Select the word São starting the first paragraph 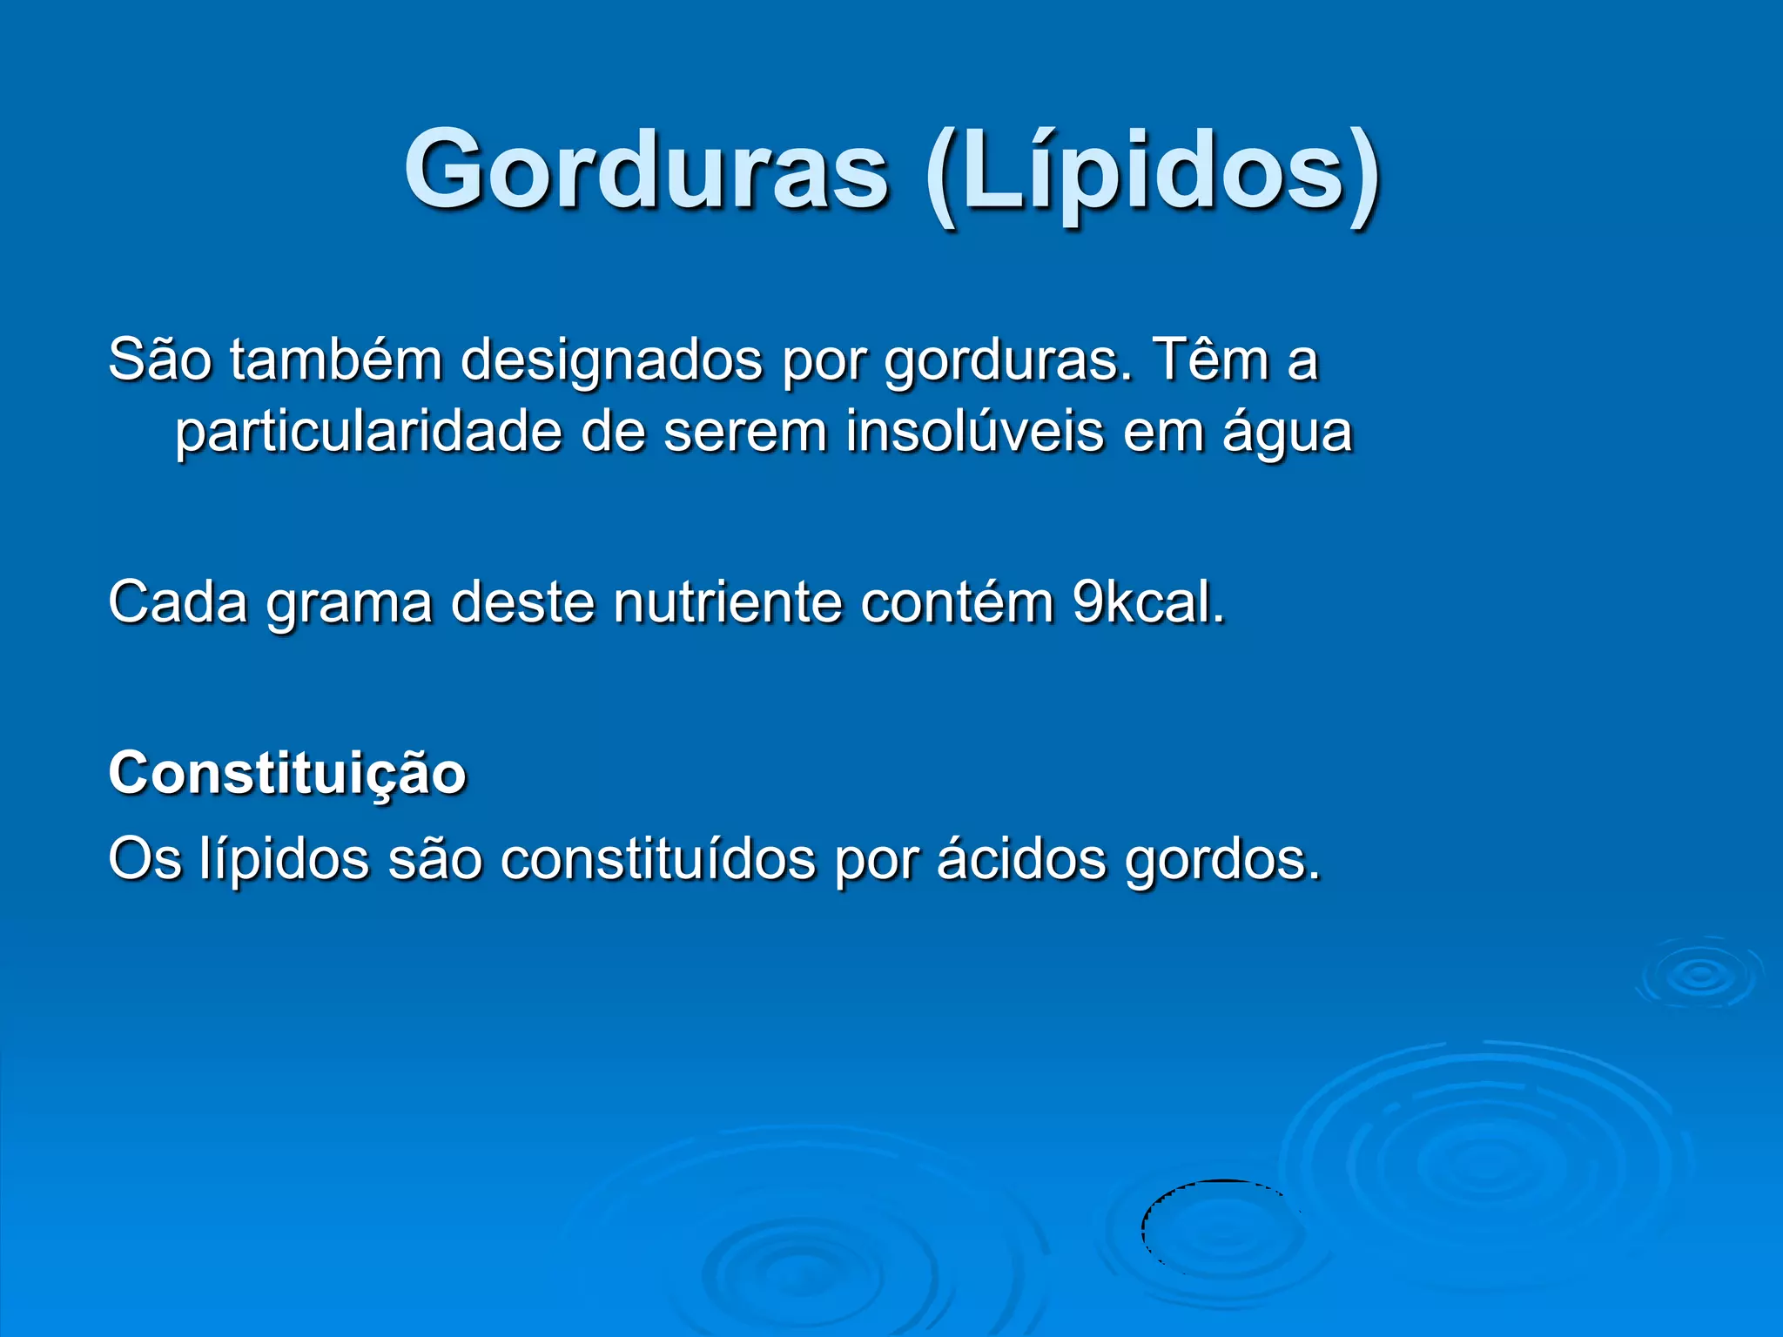click(x=160, y=359)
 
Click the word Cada click(x=178, y=602)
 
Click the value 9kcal click(x=1147, y=602)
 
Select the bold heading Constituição click(x=287, y=774)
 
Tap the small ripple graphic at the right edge click(x=1699, y=974)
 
